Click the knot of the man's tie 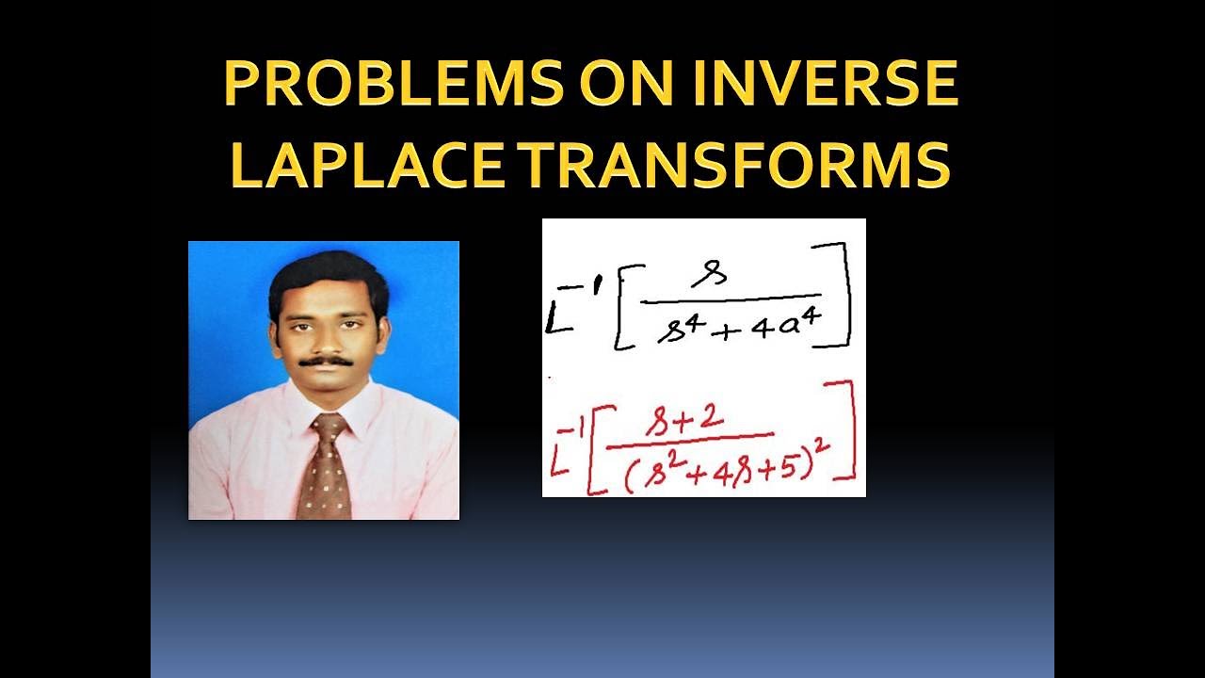(329, 428)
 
